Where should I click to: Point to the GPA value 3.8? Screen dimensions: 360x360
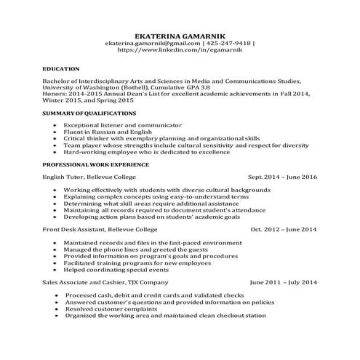pos(193,88)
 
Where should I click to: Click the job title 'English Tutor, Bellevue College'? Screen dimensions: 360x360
pos(84,177)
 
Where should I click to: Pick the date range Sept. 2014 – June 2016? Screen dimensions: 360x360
pos(282,177)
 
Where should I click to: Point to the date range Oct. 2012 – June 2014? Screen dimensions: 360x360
pos(284,229)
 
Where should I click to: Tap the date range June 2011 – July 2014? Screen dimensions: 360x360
pos(283,281)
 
